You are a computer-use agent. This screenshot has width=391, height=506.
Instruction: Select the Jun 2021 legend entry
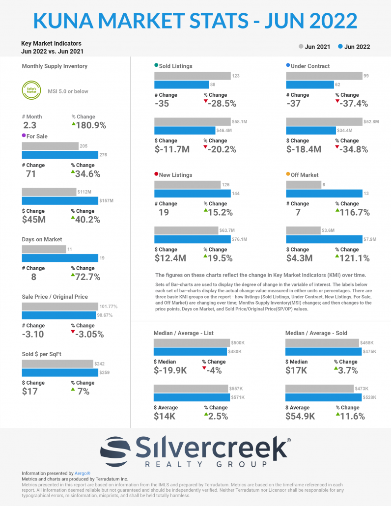314,47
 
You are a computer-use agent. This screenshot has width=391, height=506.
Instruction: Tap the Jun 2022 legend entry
354,47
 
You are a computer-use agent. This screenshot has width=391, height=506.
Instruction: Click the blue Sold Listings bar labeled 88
181,84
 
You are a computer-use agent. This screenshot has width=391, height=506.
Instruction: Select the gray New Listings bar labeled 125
187,185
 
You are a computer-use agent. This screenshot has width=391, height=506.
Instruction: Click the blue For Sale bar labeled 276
60,155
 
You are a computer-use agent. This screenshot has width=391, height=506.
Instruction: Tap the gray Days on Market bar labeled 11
44,250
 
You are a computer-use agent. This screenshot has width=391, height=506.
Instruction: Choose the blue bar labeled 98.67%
58,315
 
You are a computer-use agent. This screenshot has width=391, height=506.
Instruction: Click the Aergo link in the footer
83,473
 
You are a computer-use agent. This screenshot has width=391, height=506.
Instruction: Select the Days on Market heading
42,240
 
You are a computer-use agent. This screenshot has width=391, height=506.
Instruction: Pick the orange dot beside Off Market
288,174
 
